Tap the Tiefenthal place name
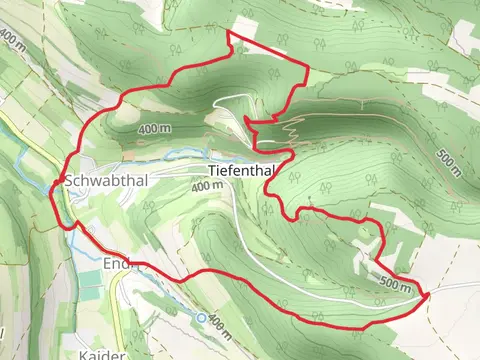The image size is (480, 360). pos(242,171)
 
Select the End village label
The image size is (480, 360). pos(116,264)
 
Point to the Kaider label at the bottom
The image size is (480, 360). pos(101,354)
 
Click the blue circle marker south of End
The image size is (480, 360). pos(202,317)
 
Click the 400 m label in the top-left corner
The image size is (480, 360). pos(12,40)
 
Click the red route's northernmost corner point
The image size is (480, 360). pos(229,33)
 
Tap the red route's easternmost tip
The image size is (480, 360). pos(427,294)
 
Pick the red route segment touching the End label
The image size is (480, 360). pos(135,263)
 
